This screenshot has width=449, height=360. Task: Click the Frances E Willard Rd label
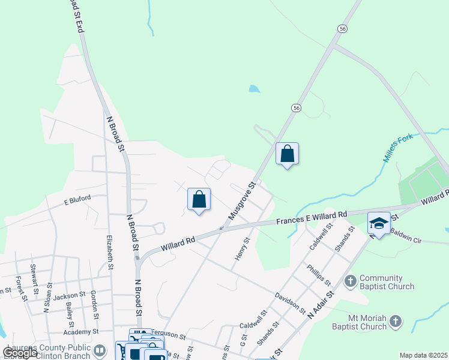point(312,217)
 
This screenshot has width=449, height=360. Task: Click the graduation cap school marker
point(379,224)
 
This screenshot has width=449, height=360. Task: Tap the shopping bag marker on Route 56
point(288,154)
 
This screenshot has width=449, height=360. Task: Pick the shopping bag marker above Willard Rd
point(199,200)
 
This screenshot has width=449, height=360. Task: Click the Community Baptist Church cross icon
point(350,280)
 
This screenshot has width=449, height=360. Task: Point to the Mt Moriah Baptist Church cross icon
point(395,322)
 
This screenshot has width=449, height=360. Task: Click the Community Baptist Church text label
point(387,282)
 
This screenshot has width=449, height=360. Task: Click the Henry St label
point(241,253)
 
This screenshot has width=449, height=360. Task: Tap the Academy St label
point(81,331)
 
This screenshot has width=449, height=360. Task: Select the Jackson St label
point(68,295)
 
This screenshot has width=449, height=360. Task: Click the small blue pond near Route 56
point(255,89)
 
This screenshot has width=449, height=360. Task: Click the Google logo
point(20,353)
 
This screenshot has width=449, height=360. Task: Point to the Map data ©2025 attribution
point(423,355)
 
